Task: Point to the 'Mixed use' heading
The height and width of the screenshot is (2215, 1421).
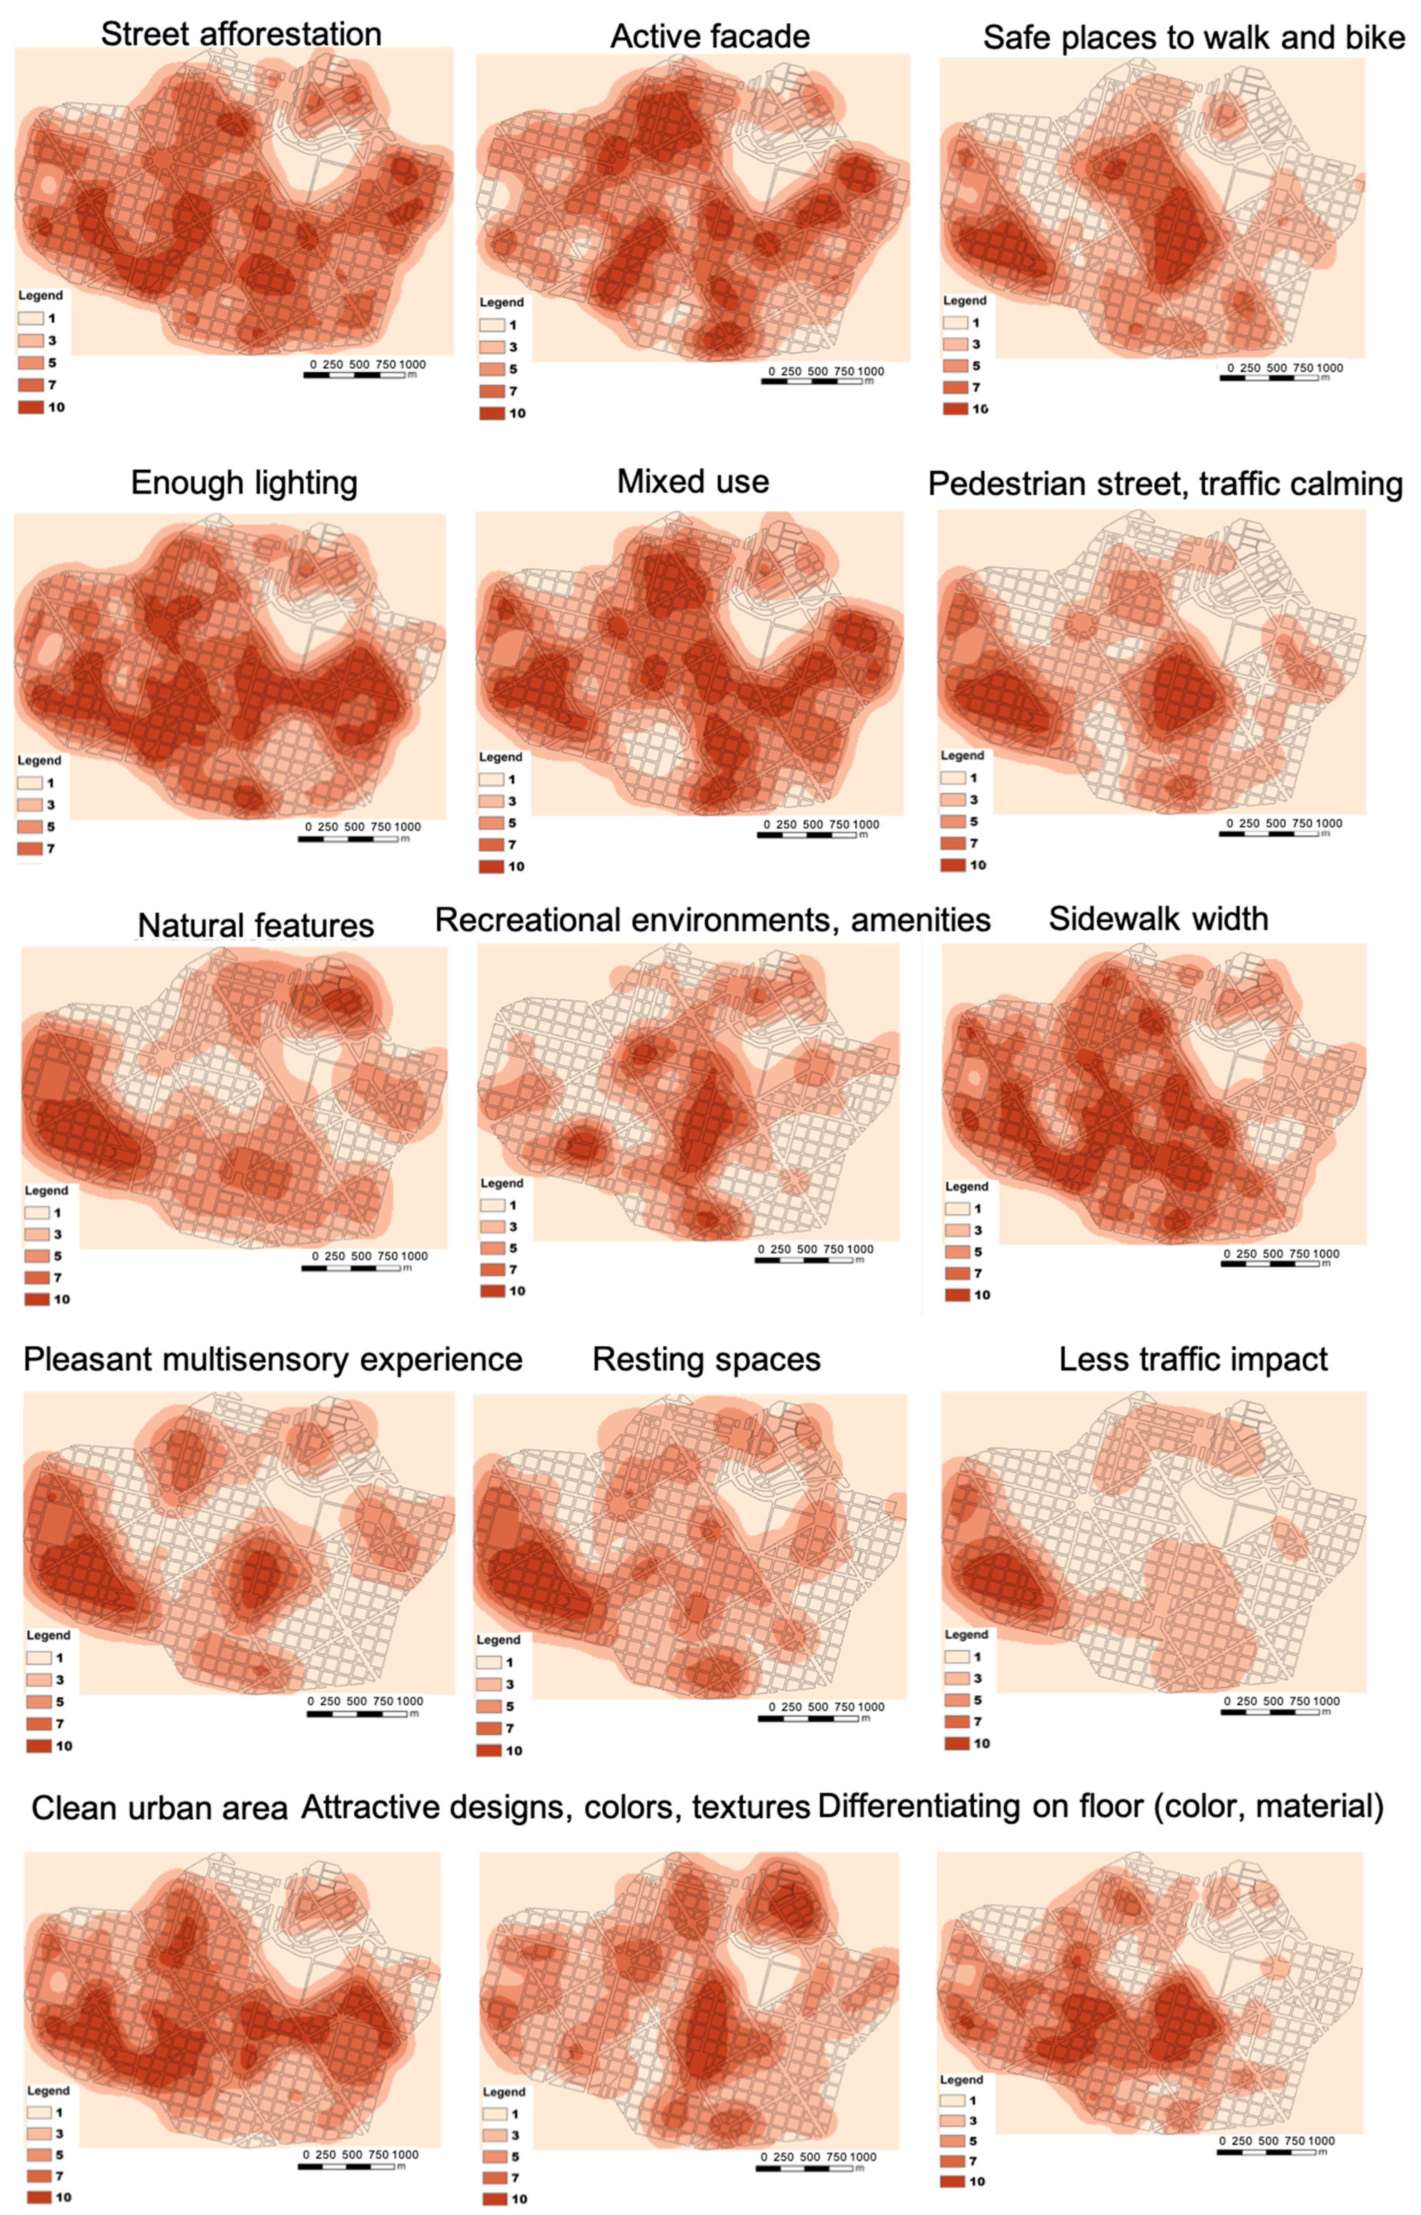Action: tap(693, 482)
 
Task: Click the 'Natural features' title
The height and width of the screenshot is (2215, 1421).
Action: tap(256, 925)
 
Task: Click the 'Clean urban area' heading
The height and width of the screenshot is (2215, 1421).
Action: tap(160, 1808)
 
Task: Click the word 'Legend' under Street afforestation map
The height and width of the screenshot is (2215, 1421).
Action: tap(41, 295)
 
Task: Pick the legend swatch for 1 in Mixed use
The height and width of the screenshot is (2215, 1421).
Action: tap(491, 780)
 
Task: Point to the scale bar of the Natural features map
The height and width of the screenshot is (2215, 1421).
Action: tap(351, 1269)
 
